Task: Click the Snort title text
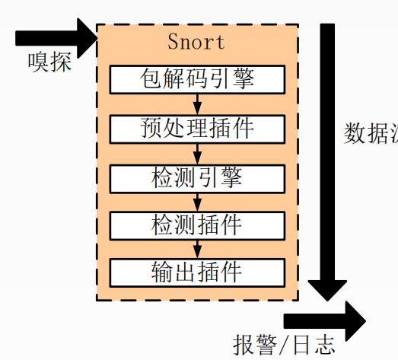[197, 41]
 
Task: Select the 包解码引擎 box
[197, 79]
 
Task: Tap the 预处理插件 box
[197, 128]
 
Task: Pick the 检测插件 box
[197, 225]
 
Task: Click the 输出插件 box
[197, 272]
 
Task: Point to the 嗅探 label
[50, 61]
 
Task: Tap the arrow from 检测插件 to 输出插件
[197, 248]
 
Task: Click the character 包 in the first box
[151, 79]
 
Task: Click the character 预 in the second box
[151, 128]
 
